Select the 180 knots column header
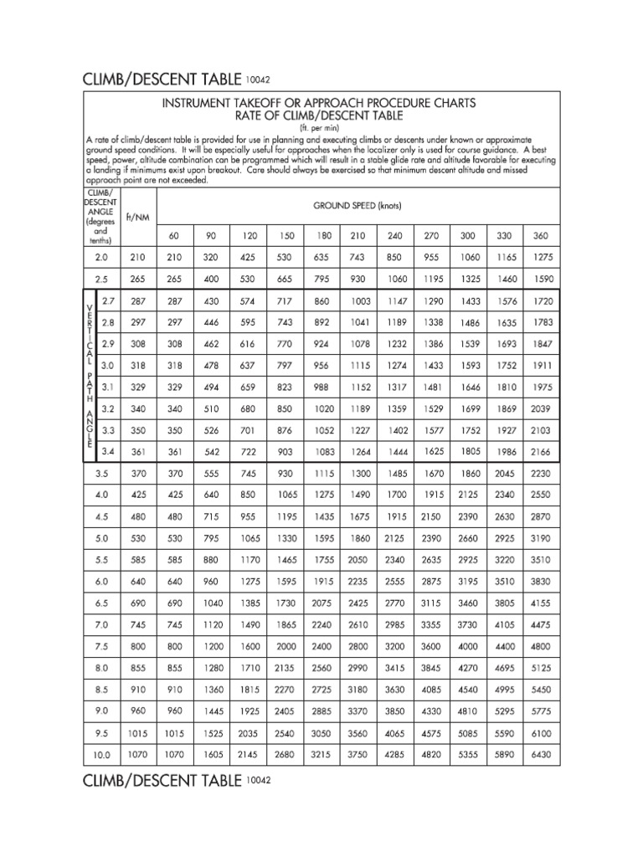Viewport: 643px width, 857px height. coord(323,236)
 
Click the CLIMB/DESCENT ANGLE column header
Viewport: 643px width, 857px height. coord(100,215)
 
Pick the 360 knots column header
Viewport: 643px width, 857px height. coord(541,236)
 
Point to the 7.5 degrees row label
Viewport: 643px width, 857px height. coord(101,647)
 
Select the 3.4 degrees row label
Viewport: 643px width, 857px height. coord(107,451)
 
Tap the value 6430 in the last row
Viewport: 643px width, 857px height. coord(541,755)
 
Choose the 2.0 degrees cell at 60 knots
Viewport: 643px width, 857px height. coord(174,257)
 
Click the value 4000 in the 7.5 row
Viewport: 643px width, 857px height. coord(469,647)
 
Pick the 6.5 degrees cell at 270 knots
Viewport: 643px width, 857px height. coord(432,603)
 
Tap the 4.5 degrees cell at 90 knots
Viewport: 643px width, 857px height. coord(212,516)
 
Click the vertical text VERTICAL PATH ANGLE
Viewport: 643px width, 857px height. coord(89,376)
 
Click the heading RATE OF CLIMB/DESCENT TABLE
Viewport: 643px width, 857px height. coord(320,115)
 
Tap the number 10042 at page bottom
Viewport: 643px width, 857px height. coord(260,779)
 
